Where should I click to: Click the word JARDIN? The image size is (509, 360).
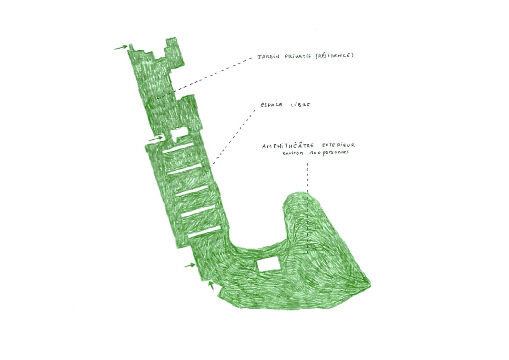[268, 57]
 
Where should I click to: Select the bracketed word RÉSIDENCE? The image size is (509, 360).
[335, 56]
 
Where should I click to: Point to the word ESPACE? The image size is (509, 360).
[271, 105]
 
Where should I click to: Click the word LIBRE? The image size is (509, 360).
[300, 105]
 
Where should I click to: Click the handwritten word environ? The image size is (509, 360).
[293, 153]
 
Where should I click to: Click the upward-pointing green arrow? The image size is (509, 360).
[211, 285]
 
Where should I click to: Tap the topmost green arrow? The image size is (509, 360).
[121, 47]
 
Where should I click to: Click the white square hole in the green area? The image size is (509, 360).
[269, 265]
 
